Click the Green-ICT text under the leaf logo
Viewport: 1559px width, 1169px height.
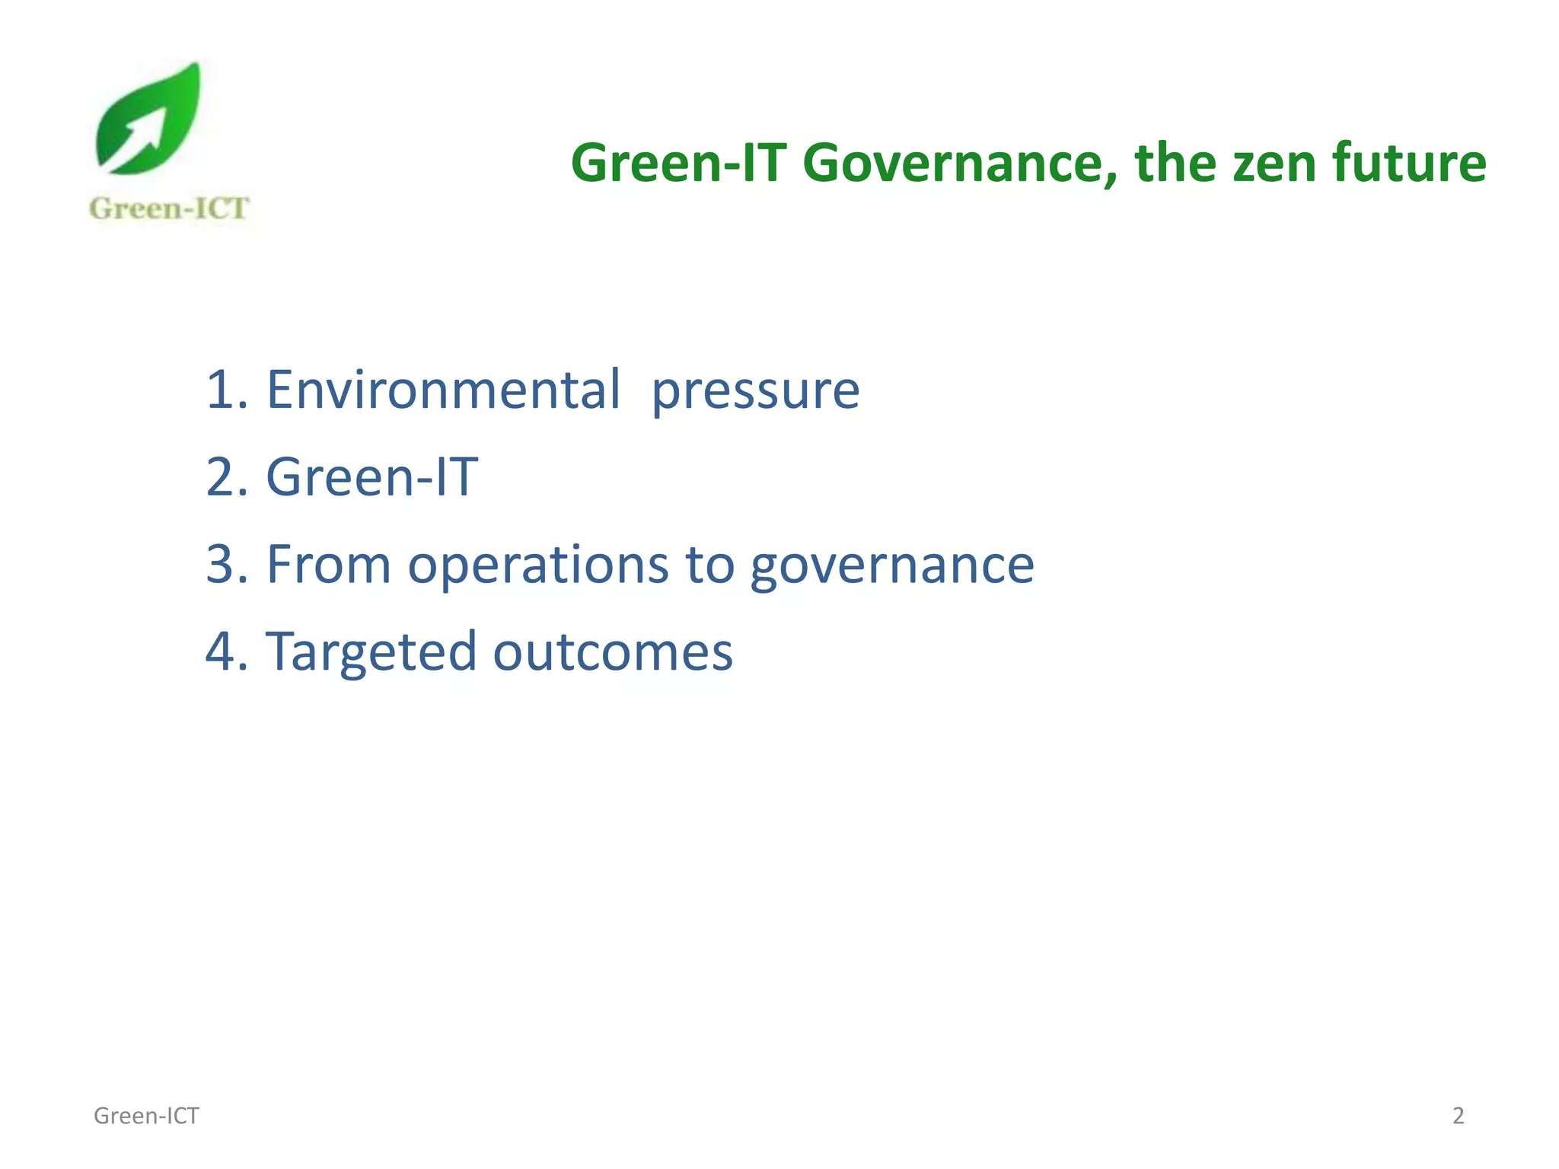(x=169, y=209)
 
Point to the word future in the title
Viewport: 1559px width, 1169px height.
(x=1408, y=163)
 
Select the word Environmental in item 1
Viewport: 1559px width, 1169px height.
(x=443, y=390)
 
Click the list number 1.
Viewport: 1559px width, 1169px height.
(x=220, y=390)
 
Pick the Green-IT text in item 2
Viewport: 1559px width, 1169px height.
(x=371, y=477)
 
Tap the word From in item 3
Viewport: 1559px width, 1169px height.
(x=328, y=565)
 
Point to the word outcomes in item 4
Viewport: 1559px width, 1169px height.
(x=612, y=653)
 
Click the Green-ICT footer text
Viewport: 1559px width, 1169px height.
(x=146, y=1116)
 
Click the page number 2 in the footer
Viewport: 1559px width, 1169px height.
(x=1458, y=1116)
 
